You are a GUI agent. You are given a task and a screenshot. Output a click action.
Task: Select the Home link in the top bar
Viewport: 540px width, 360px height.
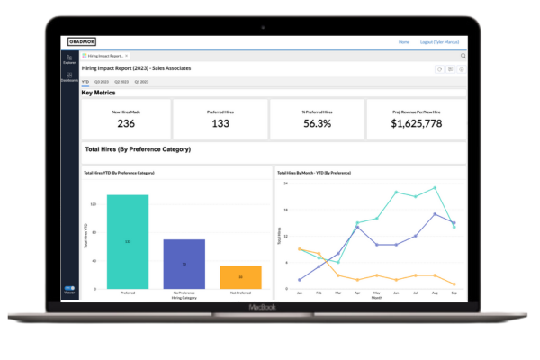click(404, 41)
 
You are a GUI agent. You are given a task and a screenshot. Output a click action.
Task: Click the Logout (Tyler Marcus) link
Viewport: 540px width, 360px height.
click(440, 41)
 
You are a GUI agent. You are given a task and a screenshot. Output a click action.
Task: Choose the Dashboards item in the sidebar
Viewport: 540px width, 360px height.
click(69, 78)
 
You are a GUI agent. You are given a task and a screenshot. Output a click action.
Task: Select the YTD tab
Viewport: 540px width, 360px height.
click(85, 81)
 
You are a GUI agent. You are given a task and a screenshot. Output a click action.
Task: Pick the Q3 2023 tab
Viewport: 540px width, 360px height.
click(102, 81)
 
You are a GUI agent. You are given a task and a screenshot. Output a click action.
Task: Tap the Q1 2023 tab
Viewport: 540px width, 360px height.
click(141, 81)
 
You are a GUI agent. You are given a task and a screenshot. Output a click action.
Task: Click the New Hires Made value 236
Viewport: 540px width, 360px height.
click(126, 123)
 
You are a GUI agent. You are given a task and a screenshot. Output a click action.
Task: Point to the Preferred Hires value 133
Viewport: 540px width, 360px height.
click(220, 123)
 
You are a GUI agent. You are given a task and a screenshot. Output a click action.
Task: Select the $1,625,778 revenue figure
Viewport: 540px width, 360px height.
click(417, 123)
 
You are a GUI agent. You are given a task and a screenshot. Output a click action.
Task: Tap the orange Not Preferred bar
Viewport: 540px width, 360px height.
click(240, 276)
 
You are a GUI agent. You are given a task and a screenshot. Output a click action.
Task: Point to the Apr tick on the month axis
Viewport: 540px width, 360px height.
click(357, 292)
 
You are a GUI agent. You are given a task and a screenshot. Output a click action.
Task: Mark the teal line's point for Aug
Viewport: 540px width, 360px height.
click(435, 188)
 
